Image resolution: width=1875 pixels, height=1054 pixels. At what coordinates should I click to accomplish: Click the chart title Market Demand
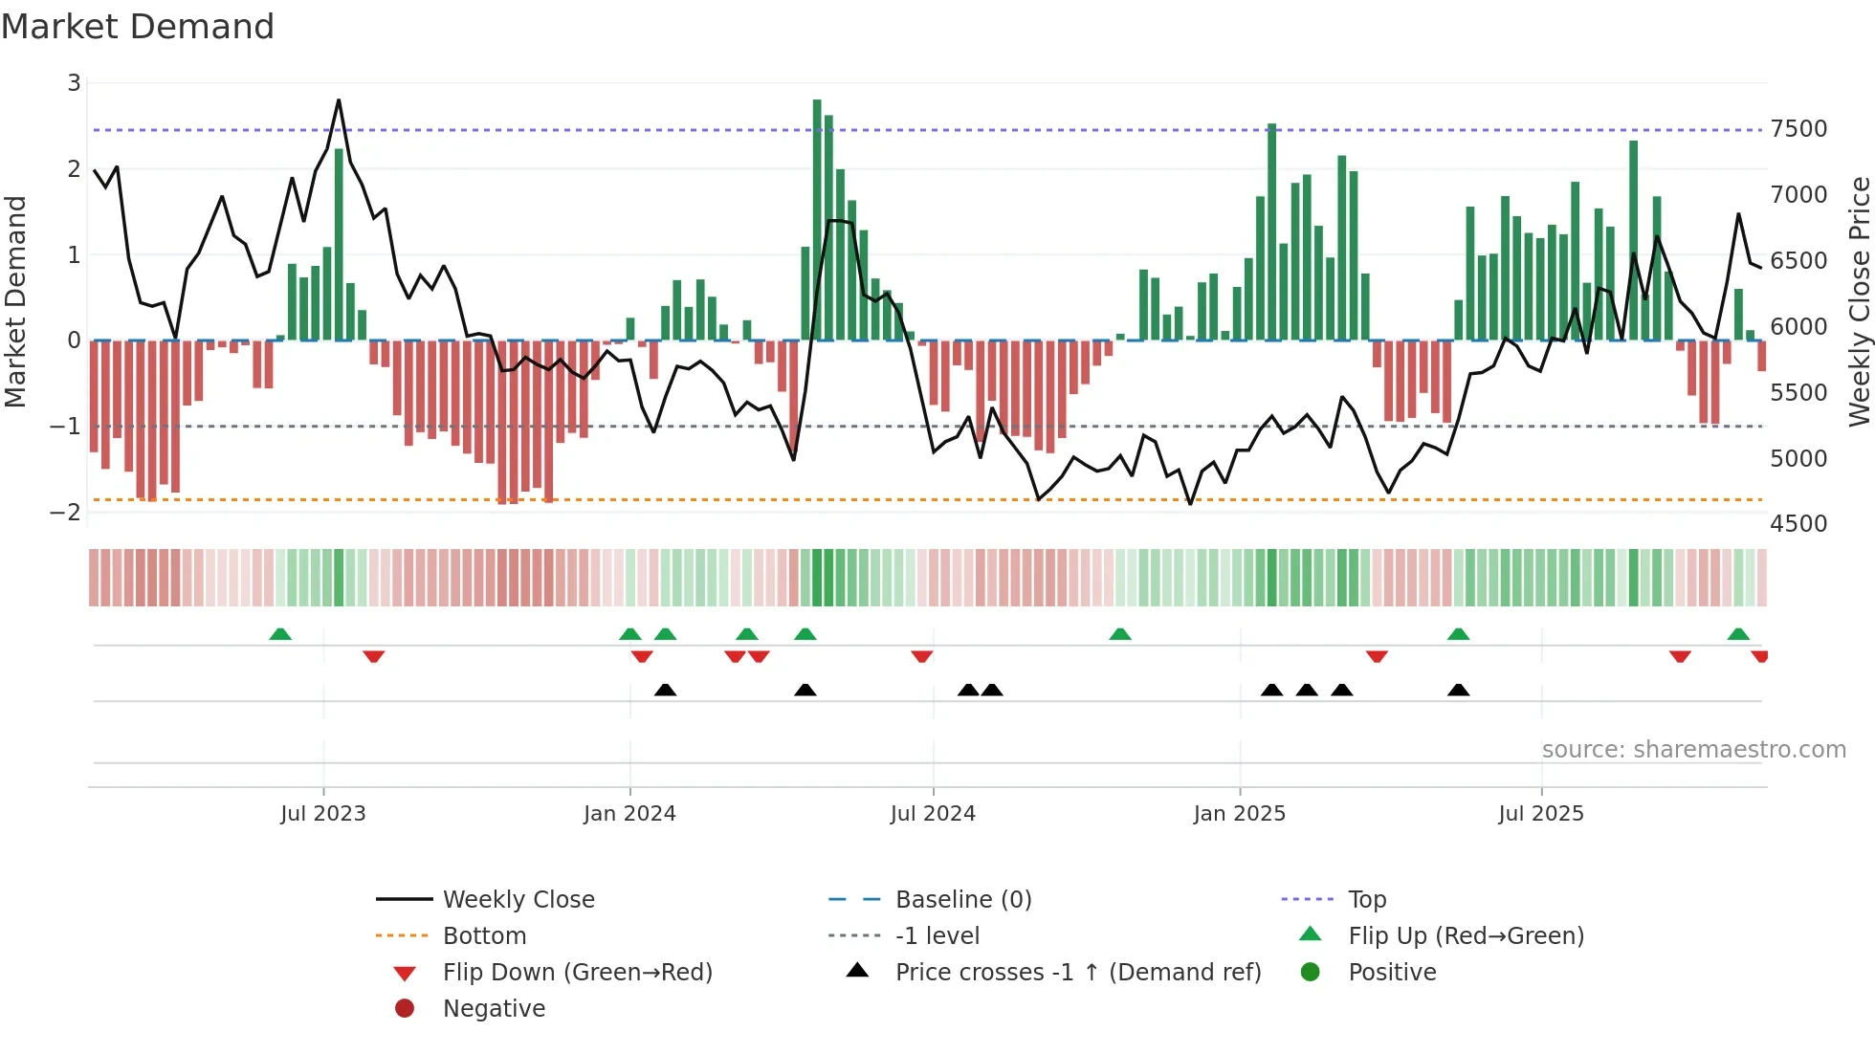(138, 27)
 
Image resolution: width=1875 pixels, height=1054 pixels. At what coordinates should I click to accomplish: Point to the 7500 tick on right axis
(1798, 129)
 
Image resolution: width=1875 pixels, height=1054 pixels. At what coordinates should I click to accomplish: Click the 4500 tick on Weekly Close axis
(1798, 524)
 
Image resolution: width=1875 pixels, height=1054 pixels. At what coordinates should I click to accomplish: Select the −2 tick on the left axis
(65, 513)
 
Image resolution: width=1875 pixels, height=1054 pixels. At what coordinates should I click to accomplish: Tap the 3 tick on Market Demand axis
(74, 83)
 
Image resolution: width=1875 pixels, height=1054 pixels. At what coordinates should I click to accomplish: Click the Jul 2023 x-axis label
(323, 814)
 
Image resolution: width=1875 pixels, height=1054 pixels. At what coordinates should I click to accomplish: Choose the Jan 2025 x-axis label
(1239, 814)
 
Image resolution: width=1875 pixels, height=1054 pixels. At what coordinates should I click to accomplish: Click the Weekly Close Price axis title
(1859, 301)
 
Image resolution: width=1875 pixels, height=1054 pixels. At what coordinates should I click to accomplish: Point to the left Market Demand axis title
(16, 301)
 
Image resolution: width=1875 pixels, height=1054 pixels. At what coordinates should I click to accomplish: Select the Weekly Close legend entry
(518, 900)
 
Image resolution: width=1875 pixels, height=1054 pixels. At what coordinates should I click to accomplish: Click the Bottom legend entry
(484, 936)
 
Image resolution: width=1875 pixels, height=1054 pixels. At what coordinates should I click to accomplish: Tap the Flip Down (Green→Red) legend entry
(577, 973)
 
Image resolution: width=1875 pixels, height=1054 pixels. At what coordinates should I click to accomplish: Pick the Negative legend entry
(494, 1009)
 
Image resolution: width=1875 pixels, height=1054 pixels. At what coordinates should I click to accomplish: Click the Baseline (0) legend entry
(962, 900)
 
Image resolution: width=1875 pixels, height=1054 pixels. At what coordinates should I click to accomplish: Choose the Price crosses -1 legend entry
(1077, 973)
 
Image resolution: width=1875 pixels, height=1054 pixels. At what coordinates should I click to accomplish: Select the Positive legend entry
(1392, 973)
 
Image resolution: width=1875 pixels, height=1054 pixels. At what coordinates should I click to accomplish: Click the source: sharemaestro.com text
(1693, 750)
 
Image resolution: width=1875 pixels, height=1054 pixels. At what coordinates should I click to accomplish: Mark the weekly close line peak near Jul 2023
(339, 100)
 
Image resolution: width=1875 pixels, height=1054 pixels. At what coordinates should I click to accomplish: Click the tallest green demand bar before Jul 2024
(817, 220)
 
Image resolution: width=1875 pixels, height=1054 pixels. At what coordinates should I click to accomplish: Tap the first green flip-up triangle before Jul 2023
(280, 634)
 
